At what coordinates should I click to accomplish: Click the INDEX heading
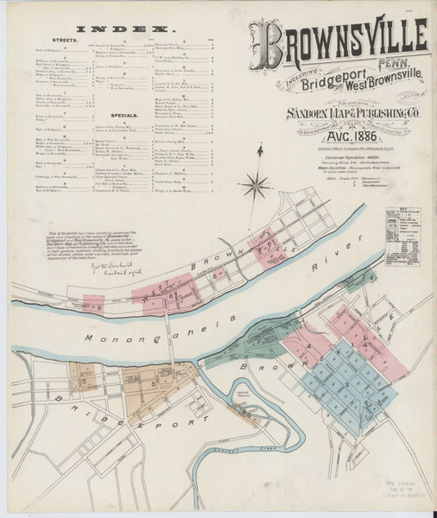130,28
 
